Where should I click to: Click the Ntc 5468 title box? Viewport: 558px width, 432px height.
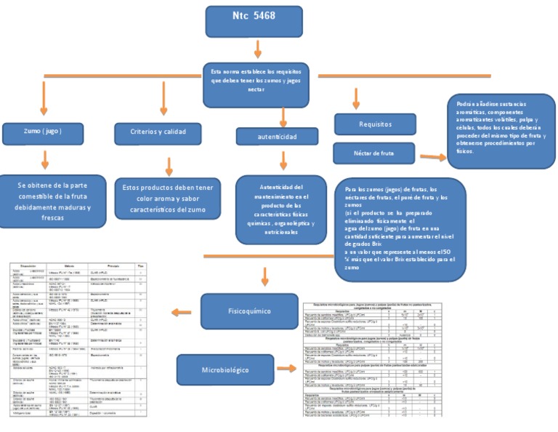pos(254,20)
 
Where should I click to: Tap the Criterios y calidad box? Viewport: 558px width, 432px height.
pos(157,132)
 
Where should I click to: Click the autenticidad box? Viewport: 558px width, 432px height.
pos(277,136)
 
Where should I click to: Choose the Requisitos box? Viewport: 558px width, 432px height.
pos(375,124)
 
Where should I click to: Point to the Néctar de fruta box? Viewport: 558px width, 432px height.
pos(375,153)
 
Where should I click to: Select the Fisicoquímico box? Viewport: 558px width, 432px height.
pos(239,311)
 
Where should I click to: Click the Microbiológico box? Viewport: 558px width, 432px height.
pos(225,369)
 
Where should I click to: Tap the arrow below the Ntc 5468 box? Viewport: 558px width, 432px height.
pos(258,49)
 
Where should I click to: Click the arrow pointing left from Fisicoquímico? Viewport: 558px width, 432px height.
pos(180,312)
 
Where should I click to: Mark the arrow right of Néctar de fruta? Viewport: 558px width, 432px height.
pos(433,156)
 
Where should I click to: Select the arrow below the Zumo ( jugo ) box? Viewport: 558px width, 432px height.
pos(45,159)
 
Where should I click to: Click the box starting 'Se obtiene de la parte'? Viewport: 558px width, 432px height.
pos(52,201)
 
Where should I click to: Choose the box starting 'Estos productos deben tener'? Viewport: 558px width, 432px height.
pos(168,198)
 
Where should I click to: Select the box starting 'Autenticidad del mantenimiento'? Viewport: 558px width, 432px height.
pos(281,209)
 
